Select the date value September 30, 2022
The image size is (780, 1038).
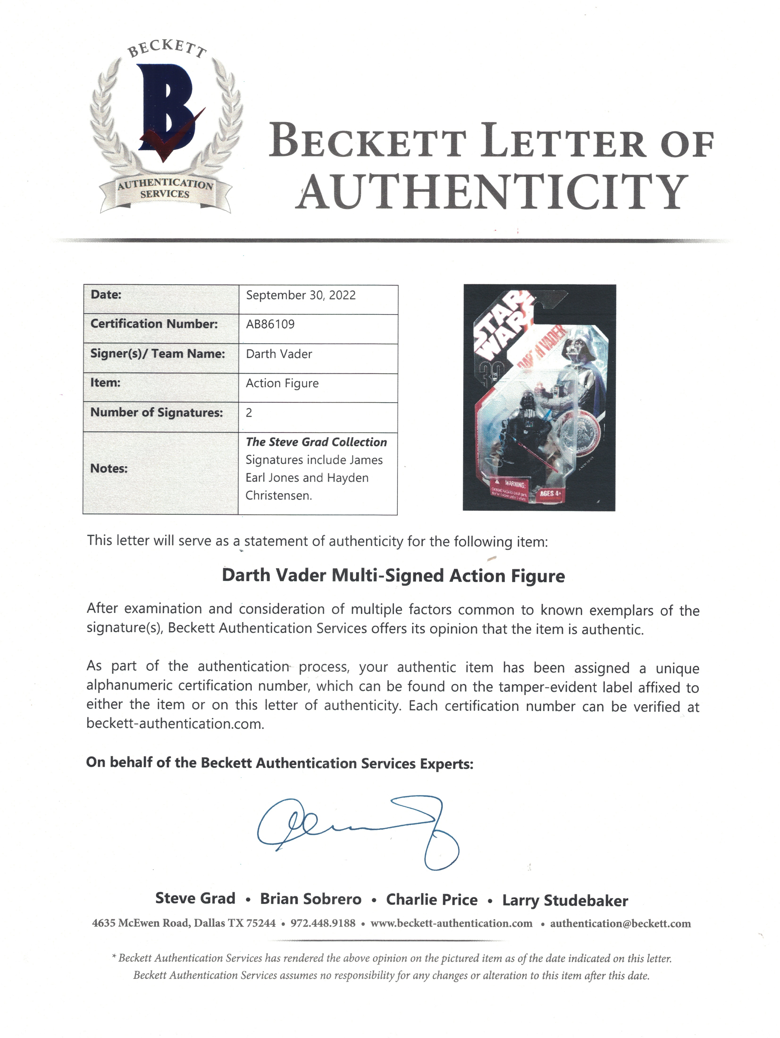point(301,295)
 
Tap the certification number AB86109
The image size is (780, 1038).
point(270,324)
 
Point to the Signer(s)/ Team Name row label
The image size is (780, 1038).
point(158,354)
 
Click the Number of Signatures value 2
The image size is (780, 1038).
point(249,413)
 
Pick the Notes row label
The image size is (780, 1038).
point(109,468)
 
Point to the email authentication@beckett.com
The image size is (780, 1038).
point(621,924)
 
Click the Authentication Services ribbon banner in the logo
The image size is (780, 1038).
point(165,189)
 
